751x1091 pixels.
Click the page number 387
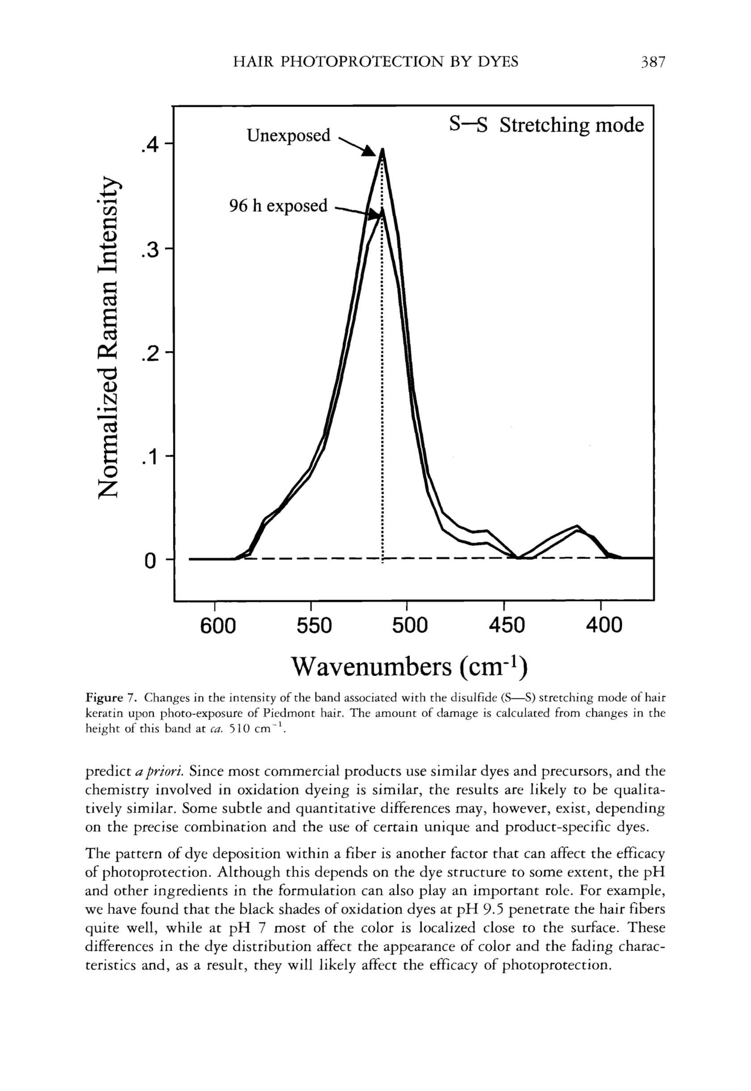pyautogui.click(x=652, y=62)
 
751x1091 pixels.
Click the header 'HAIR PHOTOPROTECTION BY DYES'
pyautogui.click(x=375, y=62)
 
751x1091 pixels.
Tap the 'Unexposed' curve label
pyautogui.click(x=288, y=135)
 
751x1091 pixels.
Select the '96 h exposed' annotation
pyautogui.click(x=278, y=206)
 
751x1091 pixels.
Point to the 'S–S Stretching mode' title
pyautogui.click(x=546, y=125)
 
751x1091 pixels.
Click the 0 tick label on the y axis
pyautogui.click(x=150, y=561)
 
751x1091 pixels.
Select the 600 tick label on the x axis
pyautogui.click(x=217, y=626)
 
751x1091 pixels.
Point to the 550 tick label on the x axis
pyautogui.click(x=314, y=626)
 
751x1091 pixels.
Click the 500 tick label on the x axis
pyautogui.click(x=410, y=626)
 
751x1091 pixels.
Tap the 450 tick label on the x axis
pyautogui.click(x=507, y=626)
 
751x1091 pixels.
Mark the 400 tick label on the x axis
pyautogui.click(x=604, y=626)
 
